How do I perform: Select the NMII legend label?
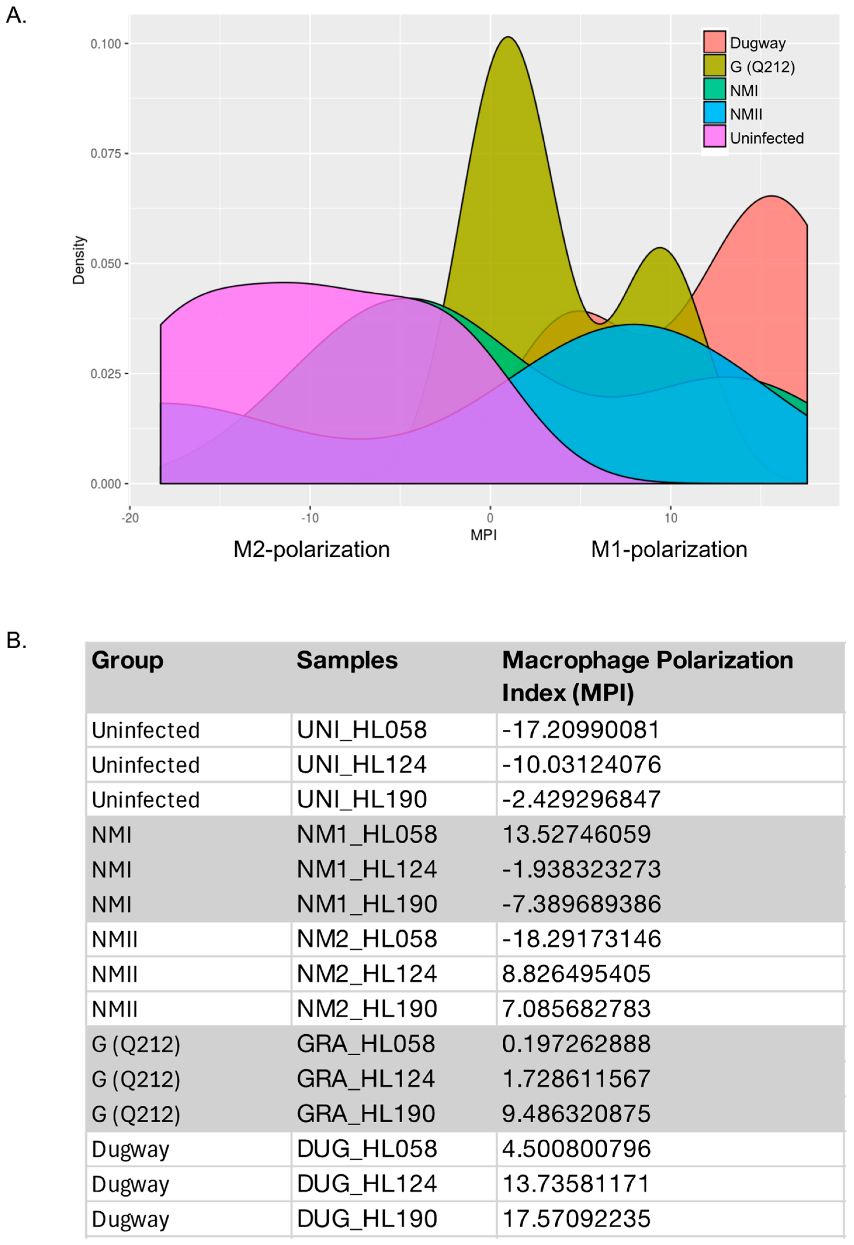point(746,114)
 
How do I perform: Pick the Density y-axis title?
point(79,260)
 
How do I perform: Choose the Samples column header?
point(347,660)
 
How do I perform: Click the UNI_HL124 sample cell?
point(362,764)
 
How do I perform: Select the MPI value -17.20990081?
point(581,730)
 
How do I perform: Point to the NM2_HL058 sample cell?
point(367,939)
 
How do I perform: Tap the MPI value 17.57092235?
point(576,1218)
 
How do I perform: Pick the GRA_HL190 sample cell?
point(366,1113)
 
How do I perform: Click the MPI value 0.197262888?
point(576,1044)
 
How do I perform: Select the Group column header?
point(127,660)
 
